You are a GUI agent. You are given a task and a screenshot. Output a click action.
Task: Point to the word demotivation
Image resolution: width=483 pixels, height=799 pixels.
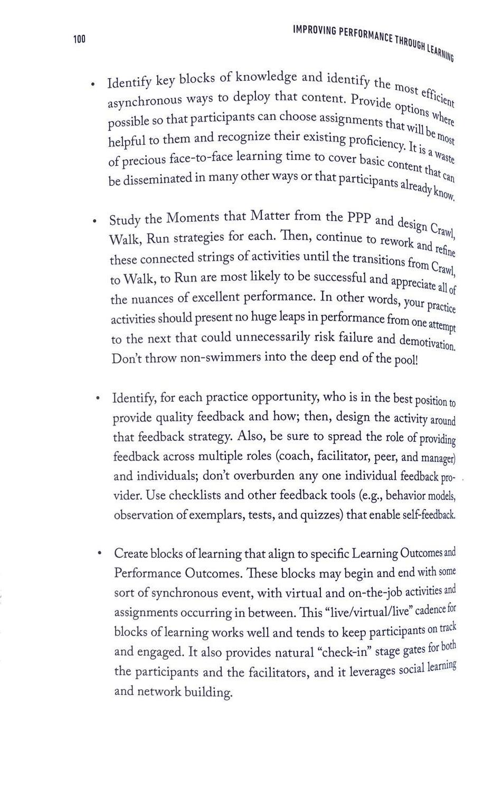[x=427, y=342]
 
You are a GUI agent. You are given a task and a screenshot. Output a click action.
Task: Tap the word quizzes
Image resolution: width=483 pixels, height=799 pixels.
[x=321, y=515]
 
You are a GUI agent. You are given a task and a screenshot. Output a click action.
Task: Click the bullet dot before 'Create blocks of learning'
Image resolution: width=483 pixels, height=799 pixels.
[x=99, y=553]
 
